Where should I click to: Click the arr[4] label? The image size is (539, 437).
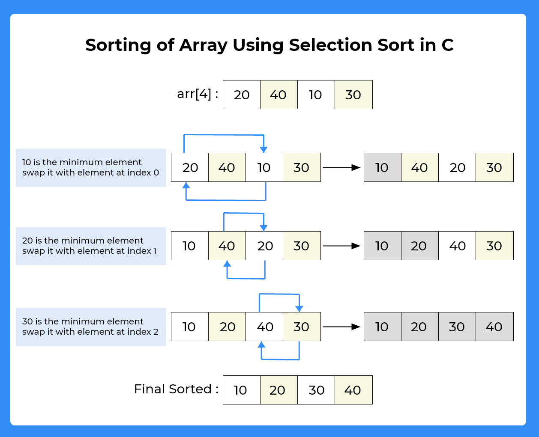(x=198, y=94)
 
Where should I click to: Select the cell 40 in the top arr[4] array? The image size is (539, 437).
(x=278, y=95)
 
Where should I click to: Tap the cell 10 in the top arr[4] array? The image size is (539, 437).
(x=316, y=95)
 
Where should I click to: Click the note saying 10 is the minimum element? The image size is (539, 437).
(x=90, y=167)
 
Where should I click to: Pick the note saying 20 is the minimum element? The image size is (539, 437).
(x=90, y=246)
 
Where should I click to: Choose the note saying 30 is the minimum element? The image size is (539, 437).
(x=90, y=327)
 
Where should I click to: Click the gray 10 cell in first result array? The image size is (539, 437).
(x=382, y=167)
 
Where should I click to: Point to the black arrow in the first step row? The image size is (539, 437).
(x=341, y=167)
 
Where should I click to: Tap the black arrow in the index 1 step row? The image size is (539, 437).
(x=341, y=246)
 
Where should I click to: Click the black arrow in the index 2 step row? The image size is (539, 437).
(x=341, y=327)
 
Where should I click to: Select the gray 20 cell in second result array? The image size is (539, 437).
(x=419, y=246)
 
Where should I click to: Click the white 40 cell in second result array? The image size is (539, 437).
(x=457, y=246)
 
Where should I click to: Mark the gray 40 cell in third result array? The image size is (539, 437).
(x=494, y=327)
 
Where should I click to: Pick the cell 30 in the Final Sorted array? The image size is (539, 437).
(x=316, y=390)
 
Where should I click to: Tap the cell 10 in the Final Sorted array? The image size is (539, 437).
(x=241, y=390)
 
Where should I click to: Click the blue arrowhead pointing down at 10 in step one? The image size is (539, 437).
(x=264, y=149)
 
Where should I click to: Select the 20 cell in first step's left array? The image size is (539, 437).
(x=190, y=167)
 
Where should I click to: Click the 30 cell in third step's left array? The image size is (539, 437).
(x=302, y=327)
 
